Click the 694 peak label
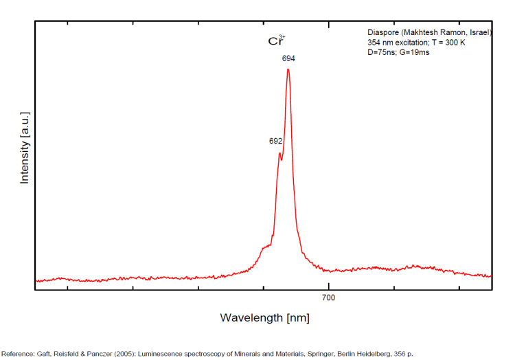(288, 59)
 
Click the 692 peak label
(276, 141)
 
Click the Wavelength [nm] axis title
(264, 317)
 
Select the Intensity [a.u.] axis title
(25, 149)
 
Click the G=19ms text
(415, 53)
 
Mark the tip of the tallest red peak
(288, 69)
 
